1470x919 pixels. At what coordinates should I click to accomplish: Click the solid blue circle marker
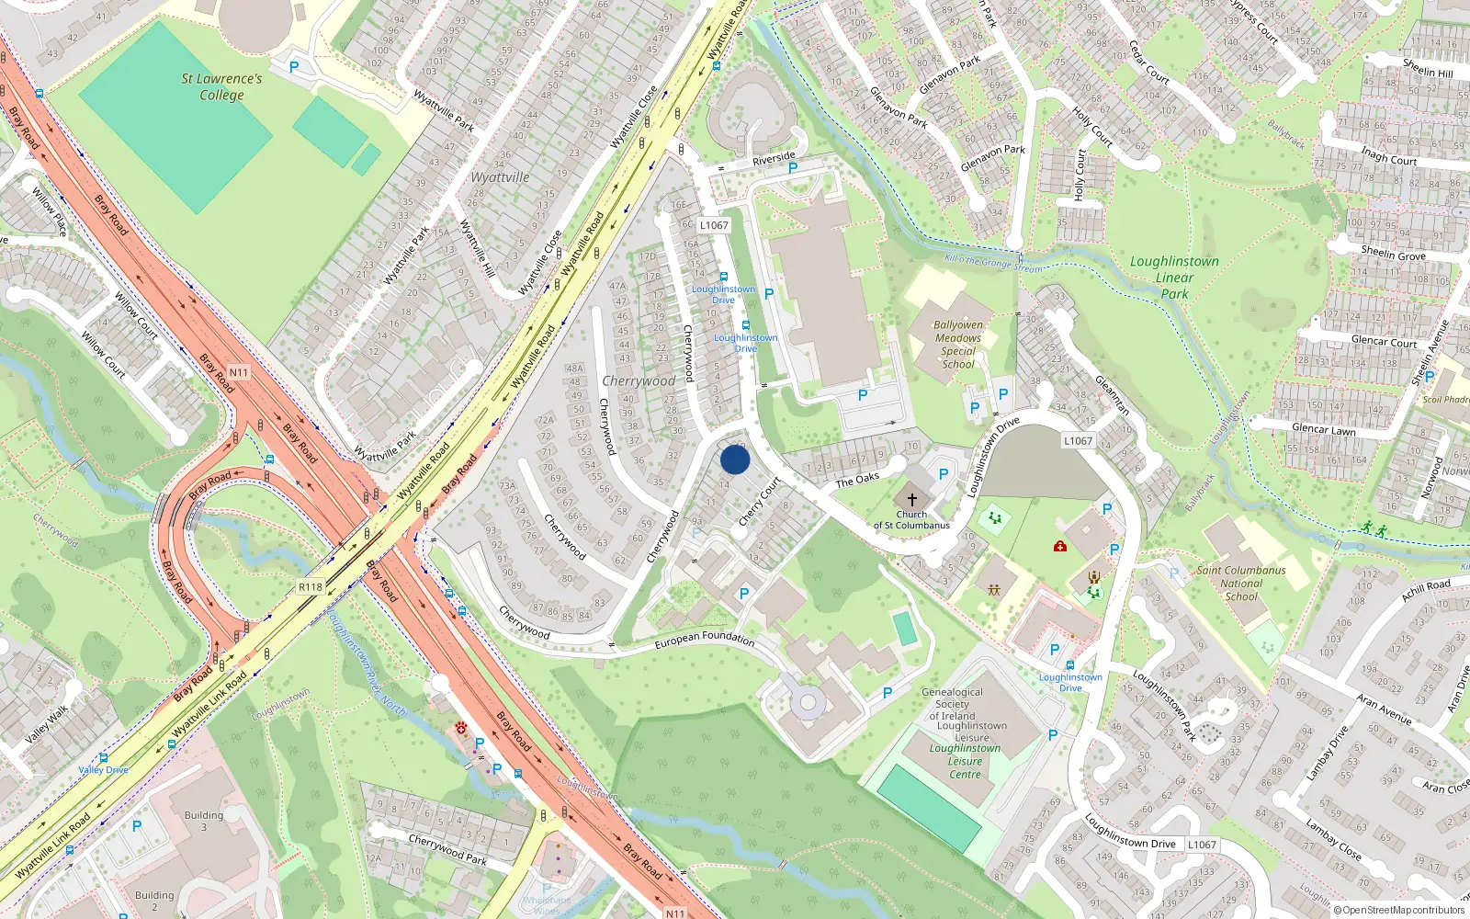[x=735, y=459]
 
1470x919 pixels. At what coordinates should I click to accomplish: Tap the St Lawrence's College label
[x=221, y=86]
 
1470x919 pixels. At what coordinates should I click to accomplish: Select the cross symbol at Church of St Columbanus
[x=912, y=498]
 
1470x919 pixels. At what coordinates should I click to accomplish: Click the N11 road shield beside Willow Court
[x=239, y=372]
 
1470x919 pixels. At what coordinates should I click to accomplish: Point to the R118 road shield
[x=311, y=587]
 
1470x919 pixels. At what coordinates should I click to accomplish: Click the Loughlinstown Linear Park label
[x=1174, y=278]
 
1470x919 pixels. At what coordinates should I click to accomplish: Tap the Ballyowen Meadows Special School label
[x=958, y=345]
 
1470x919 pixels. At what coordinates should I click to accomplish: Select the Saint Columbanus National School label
[x=1241, y=584]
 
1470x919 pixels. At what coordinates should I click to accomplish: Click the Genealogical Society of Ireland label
[x=952, y=704]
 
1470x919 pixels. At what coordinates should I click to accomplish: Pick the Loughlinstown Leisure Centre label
[x=965, y=761]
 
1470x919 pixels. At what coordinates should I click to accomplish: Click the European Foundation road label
[x=705, y=638]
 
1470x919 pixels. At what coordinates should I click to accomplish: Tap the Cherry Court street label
[x=760, y=501]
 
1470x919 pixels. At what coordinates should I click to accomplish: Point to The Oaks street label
[x=857, y=480]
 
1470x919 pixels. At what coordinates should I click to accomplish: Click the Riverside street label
[x=774, y=159]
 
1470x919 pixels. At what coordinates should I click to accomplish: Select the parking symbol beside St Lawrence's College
[x=294, y=67]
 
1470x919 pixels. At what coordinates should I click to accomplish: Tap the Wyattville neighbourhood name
[x=500, y=177]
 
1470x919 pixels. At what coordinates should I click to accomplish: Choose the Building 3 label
[x=204, y=821]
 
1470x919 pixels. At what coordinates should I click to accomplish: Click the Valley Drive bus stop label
[x=103, y=770]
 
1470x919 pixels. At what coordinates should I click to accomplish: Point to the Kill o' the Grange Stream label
[x=994, y=264]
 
